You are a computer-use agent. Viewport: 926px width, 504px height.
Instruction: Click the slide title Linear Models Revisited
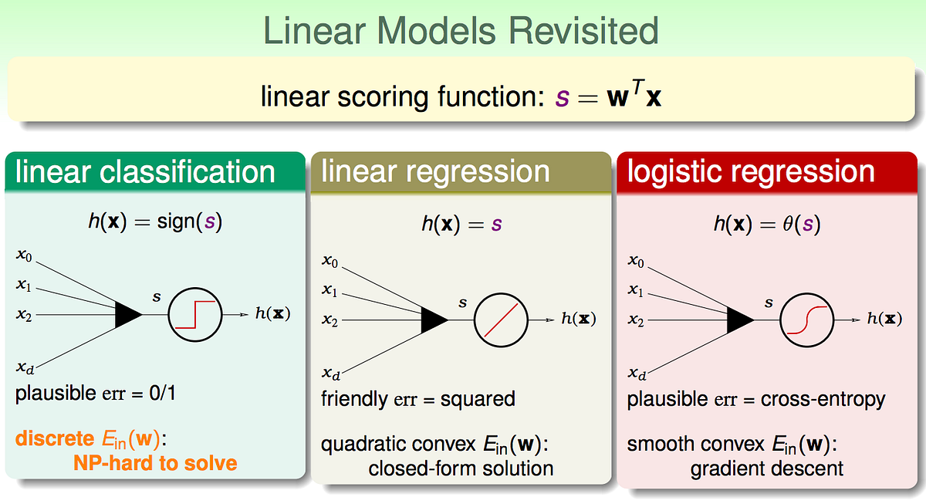point(461,31)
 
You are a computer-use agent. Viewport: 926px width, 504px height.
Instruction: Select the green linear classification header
point(145,171)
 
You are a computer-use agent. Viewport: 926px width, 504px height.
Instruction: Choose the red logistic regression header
point(751,171)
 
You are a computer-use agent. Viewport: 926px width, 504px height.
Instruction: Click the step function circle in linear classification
point(194,315)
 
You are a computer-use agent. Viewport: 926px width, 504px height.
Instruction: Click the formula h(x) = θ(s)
point(766,225)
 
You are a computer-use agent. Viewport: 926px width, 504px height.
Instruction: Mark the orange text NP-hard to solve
point(155,463)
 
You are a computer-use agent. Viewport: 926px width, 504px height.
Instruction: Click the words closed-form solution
point(461,468)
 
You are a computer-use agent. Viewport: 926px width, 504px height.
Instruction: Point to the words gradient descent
point(766,468)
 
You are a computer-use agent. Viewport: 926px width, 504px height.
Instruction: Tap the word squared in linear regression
point(478,400)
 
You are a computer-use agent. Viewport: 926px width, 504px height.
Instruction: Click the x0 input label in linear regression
point(330,261)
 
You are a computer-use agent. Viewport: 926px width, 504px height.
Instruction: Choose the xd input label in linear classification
point(25,368)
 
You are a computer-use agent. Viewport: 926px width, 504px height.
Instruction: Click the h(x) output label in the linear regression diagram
point(579,320)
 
